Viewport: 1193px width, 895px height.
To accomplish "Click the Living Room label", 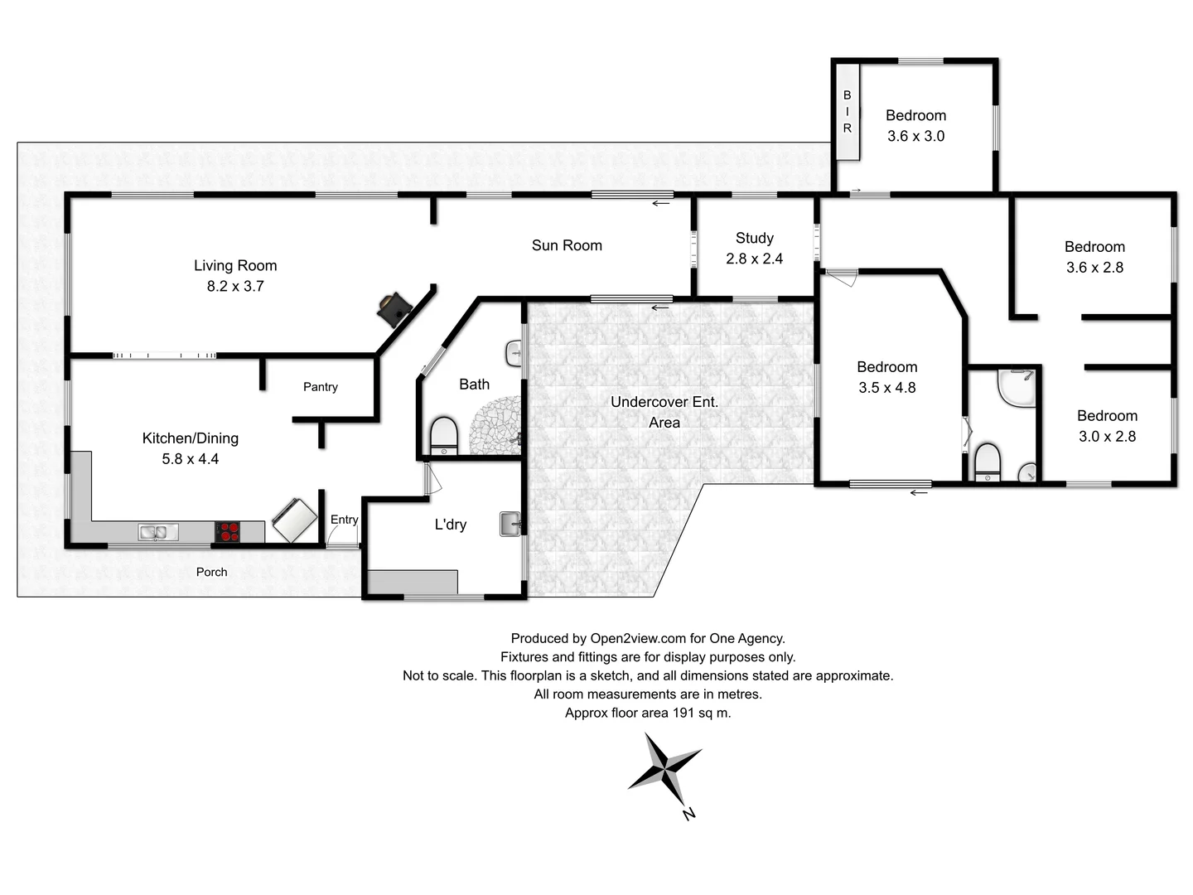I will pyautogui.click(x=235, y=265).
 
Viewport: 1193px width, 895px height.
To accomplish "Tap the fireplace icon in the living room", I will pyautogui.click(x=394, y=308).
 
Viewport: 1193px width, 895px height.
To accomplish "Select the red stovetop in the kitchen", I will pyautogui.click(x=228, y=532).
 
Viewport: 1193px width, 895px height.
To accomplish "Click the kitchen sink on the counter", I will pyautogui.click(x=157, y=532).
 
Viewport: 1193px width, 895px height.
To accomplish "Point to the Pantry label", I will pyautogui.click(x=321, y=387).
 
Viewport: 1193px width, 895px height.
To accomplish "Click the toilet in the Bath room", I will pyautogui.click(x=444, y=436).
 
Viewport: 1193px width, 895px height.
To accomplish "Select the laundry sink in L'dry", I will pyautogui.click(x=510, y=525).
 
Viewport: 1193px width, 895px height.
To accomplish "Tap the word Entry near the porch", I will pyautogui.click(x=344, y=520).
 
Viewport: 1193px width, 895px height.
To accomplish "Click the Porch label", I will pyautogui.click(x=211, y=572).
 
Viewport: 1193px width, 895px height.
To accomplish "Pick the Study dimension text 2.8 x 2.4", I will pyautogui.click(x=754, y=259).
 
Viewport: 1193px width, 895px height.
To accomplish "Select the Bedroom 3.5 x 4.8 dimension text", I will pyautogui.click(x=886, y=388).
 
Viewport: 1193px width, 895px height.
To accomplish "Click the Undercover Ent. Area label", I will pyautogui.click(x=664, y=412).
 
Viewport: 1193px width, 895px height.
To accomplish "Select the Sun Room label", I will pyautogui.click(x=567, y=245).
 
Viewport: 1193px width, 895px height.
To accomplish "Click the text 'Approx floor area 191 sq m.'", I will pyautogui.click(x=648, y=713).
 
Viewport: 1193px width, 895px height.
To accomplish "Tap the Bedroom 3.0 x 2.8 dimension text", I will pyautogui.click(x=1107, y=437).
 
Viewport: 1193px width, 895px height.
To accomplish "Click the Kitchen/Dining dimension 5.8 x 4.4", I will pyautogui.click(x=190, y=459).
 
